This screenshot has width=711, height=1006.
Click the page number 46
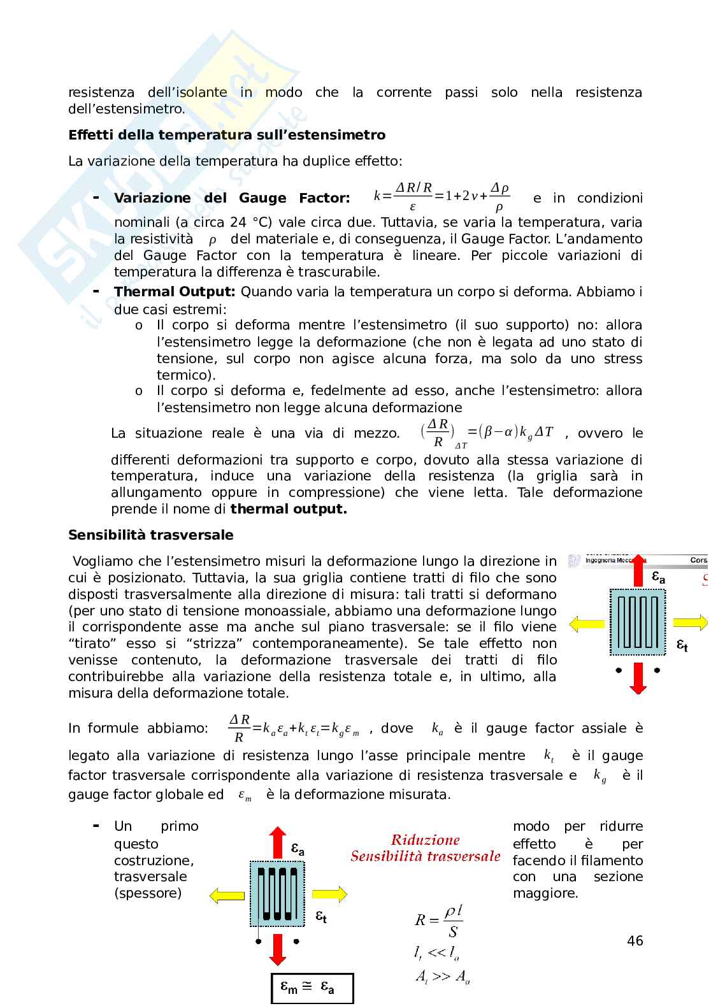coord(635,940)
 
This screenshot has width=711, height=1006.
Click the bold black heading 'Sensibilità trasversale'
coord(151,535)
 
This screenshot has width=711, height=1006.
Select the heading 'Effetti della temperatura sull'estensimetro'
coord(227,135)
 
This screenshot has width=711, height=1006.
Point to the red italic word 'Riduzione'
coord(425,840)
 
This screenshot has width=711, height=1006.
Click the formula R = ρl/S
coord(439,921)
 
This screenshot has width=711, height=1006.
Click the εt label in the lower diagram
coord(321,917)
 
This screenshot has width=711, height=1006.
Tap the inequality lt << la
coord(436,954)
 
